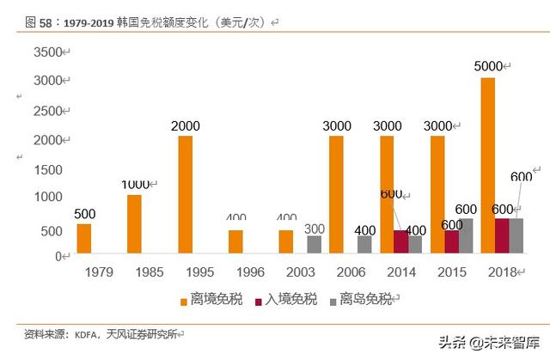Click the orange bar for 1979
coord(83,238)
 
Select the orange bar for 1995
coord(185,194)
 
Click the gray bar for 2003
coord(315,244)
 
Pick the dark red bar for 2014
coord(401,241)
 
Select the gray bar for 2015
coord(466,235)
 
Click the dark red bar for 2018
coord(502,235)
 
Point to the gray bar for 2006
coord(364,244)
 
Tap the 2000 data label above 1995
coord(185,125)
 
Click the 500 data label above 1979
coord(84,214)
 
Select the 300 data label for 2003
coord(315,229)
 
